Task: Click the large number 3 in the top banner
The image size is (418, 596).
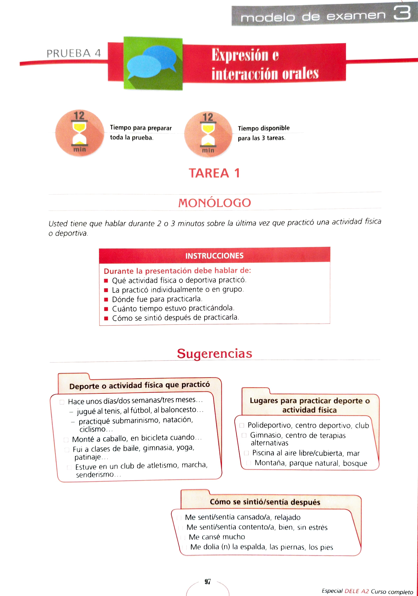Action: tap(402, 14)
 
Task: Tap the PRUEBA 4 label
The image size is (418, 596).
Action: tap(74, 53)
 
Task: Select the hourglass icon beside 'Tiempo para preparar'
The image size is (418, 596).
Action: tap(79, 133)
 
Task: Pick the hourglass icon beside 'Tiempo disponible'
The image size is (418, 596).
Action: tap(208, 134)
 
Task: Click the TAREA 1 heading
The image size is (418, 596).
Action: tap(214, 173)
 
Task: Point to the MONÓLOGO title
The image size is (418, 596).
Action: tap(214, 203)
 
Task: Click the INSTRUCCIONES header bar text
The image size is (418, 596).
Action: tap(214, 256)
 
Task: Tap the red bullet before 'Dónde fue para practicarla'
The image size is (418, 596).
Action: tap(106, 299)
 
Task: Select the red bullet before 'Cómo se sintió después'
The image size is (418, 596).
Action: tap(106, 318)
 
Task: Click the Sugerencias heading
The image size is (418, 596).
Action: tap(214, 353)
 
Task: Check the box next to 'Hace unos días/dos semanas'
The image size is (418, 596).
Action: tap(62, 402)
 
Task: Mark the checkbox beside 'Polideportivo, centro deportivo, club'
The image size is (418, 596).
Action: tap(242, 425)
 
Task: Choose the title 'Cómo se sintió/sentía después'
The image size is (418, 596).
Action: tap(265, 502)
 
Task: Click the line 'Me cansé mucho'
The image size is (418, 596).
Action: tap(217, 537)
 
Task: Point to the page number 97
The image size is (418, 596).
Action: tap(208, 582)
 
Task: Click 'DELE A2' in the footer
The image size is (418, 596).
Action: tap(357, 591)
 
